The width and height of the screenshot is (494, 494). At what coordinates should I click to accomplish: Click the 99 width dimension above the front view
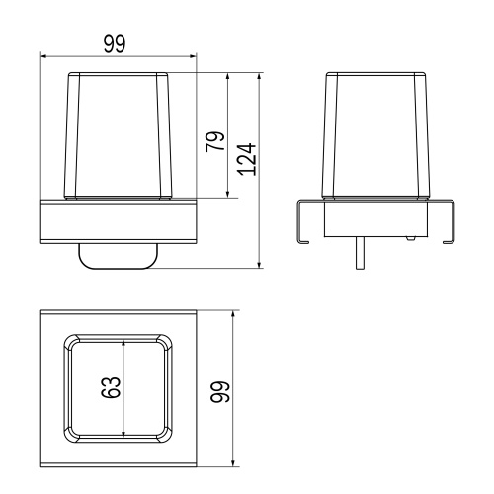tap(115, 44)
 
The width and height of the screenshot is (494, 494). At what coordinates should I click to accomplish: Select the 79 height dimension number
tap(214, 141)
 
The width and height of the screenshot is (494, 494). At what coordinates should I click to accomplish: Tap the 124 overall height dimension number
tap(247, 159)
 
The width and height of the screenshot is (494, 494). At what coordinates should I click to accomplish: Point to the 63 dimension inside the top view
tap(111, 387)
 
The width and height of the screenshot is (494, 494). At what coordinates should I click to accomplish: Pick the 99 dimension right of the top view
tap(219, 392)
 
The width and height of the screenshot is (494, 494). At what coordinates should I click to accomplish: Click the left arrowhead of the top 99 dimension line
tap(43, 56)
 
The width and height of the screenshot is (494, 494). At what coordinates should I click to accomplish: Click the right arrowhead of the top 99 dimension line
tap(193, 56)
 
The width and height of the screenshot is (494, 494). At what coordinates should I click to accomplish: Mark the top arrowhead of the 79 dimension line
tap(227, 76)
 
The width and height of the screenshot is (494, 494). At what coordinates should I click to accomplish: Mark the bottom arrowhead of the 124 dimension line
tap(259, 265)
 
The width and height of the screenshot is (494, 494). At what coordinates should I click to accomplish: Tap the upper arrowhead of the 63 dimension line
tap(123, 344)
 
